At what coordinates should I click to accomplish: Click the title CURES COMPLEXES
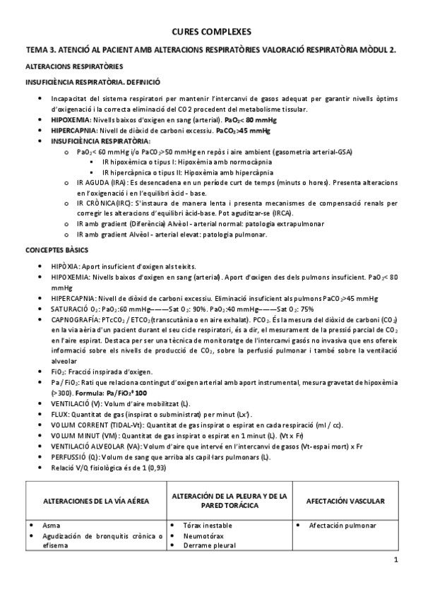211,32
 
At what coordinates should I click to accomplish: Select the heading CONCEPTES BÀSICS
55,251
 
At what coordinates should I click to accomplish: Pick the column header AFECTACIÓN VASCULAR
345,501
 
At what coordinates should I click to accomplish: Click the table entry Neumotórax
201,536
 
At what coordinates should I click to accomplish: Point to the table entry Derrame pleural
207,545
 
